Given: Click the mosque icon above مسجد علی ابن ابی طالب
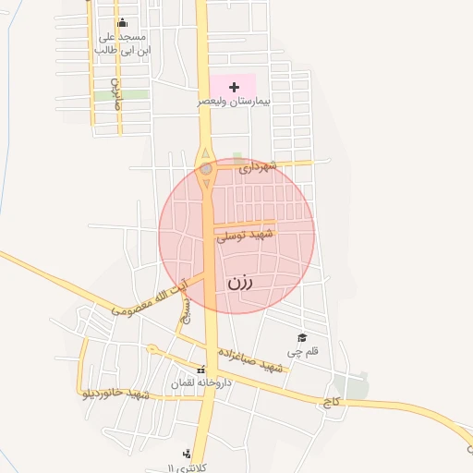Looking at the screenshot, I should coord(123,23).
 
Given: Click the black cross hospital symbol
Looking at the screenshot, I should coord(235,87).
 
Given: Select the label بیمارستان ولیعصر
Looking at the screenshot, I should coord(234,102).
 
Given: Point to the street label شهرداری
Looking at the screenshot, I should coord(257,167).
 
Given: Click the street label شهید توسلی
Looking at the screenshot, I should coord(246,236).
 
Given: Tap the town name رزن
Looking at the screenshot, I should coord(240,283).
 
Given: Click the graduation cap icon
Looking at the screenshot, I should coord(301,338).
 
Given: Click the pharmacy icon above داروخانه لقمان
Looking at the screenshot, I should coord(201,370).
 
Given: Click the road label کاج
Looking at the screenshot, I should coord(331,403).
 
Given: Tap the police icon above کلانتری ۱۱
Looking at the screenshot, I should coord(188,453).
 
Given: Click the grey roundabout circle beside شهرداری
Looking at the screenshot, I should coord(206,169).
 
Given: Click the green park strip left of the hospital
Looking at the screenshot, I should coord(133,94).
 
